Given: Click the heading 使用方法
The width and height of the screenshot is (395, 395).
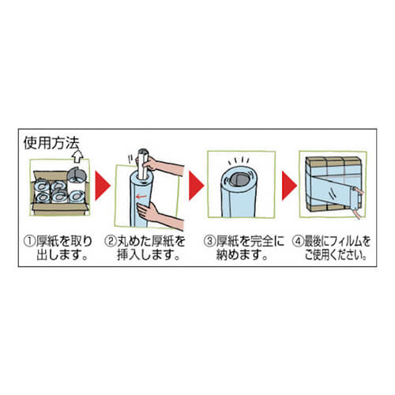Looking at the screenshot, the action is pyautogui.click(x=51, y=143).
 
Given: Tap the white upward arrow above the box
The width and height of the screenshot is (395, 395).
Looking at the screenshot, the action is pyautogui.click(x=78, y=156).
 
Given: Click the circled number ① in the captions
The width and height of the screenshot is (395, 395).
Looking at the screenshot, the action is pyautogui.click(x=29, y=241).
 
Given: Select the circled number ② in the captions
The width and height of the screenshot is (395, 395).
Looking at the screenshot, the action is pyautogui.click(x=110, y=241).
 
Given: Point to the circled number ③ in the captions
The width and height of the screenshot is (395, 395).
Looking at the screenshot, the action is pyautogui.click(x=209, y=241).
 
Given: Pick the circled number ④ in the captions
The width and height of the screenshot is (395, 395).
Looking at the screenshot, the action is pyautogui.click(x=298, y=241).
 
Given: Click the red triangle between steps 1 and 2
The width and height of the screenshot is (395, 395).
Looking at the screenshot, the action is pyautogui.click(x=103, y=186).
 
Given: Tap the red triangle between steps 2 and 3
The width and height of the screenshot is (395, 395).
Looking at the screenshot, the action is pyautogui.click(x=196, y=186).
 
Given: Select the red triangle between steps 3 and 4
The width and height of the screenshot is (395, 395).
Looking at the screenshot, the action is pyautogui.click(x=289, y=186).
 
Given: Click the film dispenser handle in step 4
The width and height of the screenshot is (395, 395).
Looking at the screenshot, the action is pyautogui.click(x=358, y=200).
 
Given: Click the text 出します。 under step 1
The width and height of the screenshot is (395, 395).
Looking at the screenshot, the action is pyautogui.click(x=62, y=255).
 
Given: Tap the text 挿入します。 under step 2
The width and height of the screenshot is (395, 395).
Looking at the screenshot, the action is pyautogui.click(x=149, y=255).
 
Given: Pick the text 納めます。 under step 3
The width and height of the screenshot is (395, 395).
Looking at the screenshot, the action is pyautogui.click(x=242, y=255).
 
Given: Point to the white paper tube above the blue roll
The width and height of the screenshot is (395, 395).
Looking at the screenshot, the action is pyautogui.click(x=143, y=164).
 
